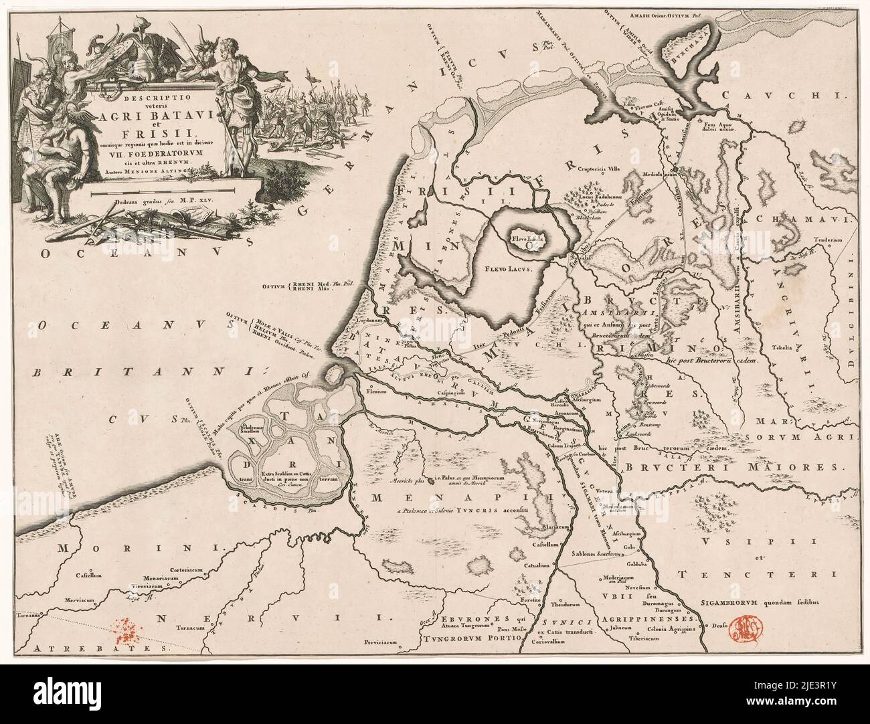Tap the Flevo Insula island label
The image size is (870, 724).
tap(529, 237)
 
